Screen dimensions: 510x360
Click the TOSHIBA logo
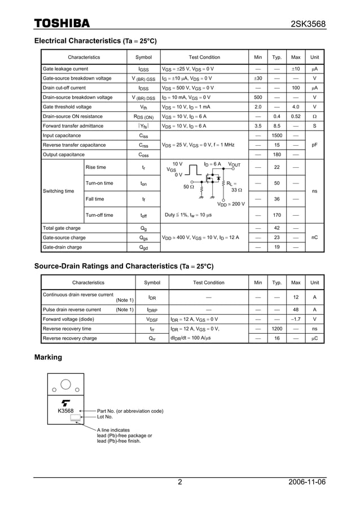pos(62,23)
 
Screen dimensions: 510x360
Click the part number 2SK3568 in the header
pos(308,24)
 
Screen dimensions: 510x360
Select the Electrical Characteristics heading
pos(95,41)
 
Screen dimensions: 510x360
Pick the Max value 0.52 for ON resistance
pos(295,116)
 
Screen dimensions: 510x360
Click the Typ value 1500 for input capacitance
pos(277,136)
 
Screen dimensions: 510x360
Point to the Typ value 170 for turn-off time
pos(277,215)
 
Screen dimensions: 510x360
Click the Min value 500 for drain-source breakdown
pos(258,97)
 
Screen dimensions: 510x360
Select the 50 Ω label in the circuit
pos(188,186)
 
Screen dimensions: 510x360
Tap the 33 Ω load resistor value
pos(237,190)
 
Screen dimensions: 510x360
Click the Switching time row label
pos(59,191)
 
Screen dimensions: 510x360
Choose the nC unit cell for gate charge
pos(314,238)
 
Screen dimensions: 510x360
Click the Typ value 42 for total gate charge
pos(277,228)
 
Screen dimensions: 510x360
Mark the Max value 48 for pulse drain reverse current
pos(295,310)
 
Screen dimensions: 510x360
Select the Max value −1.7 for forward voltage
pos(295,319)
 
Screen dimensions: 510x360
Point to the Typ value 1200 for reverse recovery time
pos(277,329)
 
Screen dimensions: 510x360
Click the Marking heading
pos(48,357)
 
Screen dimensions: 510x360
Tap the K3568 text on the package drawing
pos(65,411)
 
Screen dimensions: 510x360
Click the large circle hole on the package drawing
pos(65,385)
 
